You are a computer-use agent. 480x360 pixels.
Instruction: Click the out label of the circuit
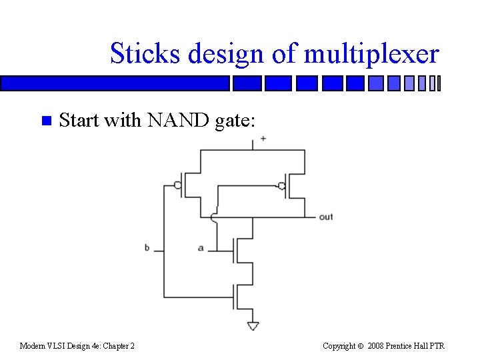point(326,217)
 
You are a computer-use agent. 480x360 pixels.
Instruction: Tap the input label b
point(147,248)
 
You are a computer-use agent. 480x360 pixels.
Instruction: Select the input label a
point(200,248)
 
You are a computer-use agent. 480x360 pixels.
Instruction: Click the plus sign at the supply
point(263,139)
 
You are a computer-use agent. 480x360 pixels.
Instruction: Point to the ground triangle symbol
point(253,326)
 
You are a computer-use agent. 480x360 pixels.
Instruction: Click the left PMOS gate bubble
point(178,185)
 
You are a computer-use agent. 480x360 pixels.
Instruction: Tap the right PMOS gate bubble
point(283,185)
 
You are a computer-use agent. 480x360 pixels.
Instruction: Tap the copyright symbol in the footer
point(361,346)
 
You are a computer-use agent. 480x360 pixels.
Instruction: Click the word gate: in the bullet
point(235,121)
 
